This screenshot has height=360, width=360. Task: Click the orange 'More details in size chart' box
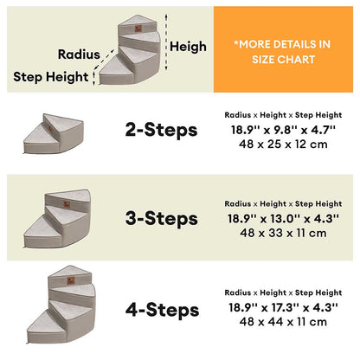click(283, 49)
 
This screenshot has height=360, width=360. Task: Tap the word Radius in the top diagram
click(79, 55)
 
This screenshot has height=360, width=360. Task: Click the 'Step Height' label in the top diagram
click(51, 77)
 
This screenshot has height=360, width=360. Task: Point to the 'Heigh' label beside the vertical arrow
click(188, 47)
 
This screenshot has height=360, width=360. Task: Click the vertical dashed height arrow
click(166, 42)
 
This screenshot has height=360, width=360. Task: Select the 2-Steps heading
click(161, 130)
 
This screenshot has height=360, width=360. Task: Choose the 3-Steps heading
click(162, 218)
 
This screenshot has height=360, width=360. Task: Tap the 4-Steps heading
click(162, 310)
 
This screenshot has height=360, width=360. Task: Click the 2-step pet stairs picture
click(54, 133)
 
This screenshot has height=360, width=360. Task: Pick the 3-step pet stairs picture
click(57, 218)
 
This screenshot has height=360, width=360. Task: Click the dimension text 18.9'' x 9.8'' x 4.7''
click(283, 130)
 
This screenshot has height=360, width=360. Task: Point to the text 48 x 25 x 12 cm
click(283, 145)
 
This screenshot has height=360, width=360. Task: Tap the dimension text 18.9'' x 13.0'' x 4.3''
click(283, 219)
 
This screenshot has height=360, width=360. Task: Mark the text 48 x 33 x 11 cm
click(283, 233)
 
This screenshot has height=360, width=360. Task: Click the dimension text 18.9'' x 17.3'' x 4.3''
click(283, 307)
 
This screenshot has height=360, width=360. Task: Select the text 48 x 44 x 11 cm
click(283, 322)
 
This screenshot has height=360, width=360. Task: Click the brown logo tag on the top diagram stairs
click(138, 29)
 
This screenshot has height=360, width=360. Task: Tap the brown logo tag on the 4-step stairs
click(71, 280)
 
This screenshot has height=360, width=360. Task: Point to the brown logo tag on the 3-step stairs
click(67, 204)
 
